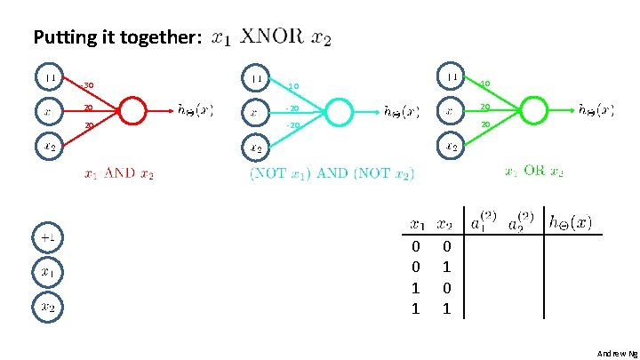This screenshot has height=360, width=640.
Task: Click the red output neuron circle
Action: click(132, 111)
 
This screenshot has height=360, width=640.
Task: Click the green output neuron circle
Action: click(533, 110)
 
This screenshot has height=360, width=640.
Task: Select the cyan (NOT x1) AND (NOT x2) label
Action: click(332, 174)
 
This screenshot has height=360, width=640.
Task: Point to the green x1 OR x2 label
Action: click(533, 171)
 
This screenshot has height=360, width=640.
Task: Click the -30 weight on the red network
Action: click(87, 86)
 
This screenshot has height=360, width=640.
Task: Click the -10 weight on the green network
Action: click(484, 84)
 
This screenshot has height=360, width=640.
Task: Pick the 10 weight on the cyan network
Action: click(292, 87)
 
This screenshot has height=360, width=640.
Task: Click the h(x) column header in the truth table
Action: click(571, 221)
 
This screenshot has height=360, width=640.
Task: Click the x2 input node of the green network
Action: click(452, 147)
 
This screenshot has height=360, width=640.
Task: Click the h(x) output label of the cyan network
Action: click(401, 113)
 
